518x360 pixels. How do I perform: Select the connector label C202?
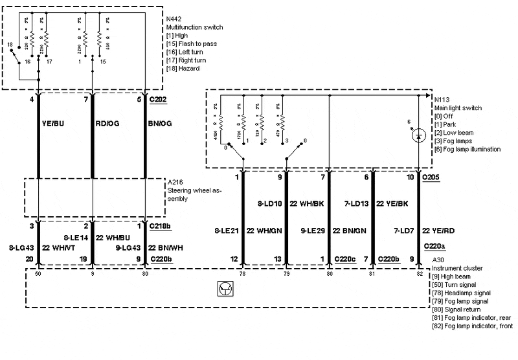pyautogui.click(x=157, y=100)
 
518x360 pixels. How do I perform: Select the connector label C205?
pyautogui.click(x=431, y=176)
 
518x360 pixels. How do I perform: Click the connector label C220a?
pyautogui.click(x=434, y=246)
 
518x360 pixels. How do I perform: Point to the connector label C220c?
pyautogui.click(x=344, y=259)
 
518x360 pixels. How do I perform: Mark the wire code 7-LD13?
pyautogui.click(x=355, y=203)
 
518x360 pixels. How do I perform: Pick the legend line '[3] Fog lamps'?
pyautogui.click(x=453, y=141)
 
